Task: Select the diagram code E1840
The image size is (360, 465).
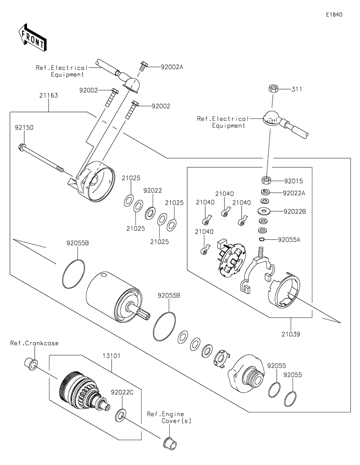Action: click(x=334, y=14)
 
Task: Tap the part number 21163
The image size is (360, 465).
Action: click(x=48, y=96)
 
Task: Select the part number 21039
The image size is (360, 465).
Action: click(x=291, y=334)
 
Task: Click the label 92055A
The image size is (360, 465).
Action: click(x=289, y=239)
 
